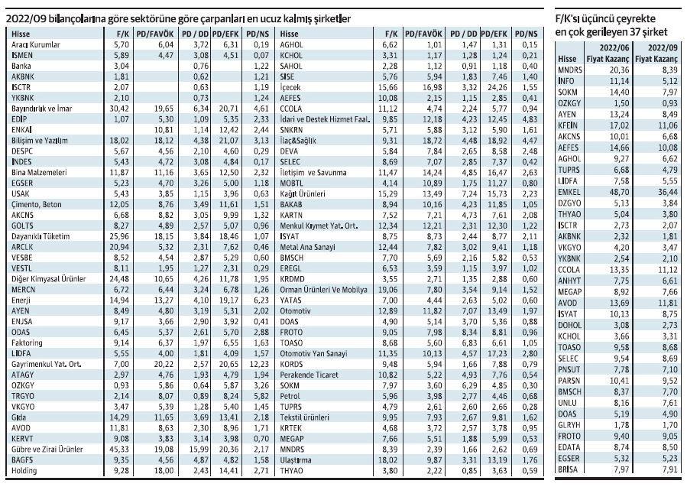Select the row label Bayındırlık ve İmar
(41, 109)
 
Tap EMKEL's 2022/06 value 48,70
(618, 192)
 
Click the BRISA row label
(568, 469)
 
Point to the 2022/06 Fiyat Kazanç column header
(608, 54)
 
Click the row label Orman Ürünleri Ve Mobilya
(324, 290)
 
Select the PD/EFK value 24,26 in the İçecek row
(497, 87)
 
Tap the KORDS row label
(291, 364)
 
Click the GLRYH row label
(569, 425)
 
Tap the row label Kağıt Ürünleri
(303, 193)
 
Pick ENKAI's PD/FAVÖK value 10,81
(163, 130)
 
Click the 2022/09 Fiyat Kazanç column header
(656, 54)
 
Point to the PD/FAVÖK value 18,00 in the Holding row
(163, 471)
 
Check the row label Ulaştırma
(296, 460)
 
